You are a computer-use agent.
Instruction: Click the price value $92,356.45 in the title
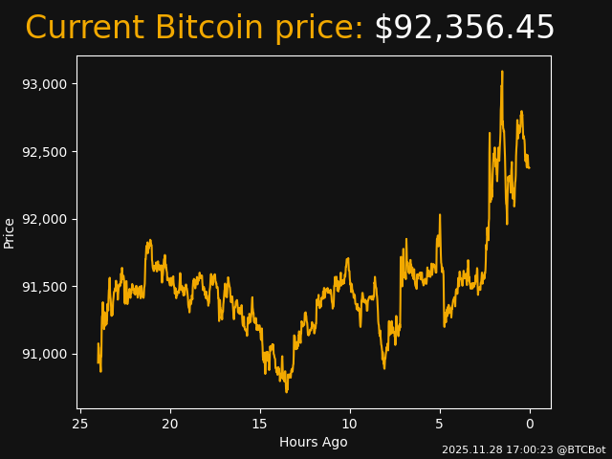click(x=464, y=29)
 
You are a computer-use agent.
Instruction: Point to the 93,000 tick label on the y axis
click(x=45, y=84)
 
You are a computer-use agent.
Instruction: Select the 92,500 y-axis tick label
click(x=45, y=152)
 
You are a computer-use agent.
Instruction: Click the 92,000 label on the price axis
click(x=45, y=219)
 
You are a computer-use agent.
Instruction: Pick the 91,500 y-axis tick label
click(x=45, y=287)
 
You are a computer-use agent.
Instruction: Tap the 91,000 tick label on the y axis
click(x=45, y=355)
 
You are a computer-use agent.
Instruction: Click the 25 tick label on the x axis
click(x=80, y=424)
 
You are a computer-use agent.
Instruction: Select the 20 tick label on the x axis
click(x=170, y=424)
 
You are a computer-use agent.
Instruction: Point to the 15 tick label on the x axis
click(x=260, y=424)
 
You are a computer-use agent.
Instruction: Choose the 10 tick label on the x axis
click(x=350, y=424)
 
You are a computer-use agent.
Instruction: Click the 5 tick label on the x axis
click(x=440, y=424)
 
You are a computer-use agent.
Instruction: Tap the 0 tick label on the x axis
click(x=530, y=424)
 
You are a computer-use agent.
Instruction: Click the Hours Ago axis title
click(x=314, y=442)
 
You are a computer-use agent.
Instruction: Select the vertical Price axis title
click(x=10, y=233)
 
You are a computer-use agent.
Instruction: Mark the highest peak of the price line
click(x=501, y=72)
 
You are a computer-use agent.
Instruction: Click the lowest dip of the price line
click(x=286, y=391)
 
